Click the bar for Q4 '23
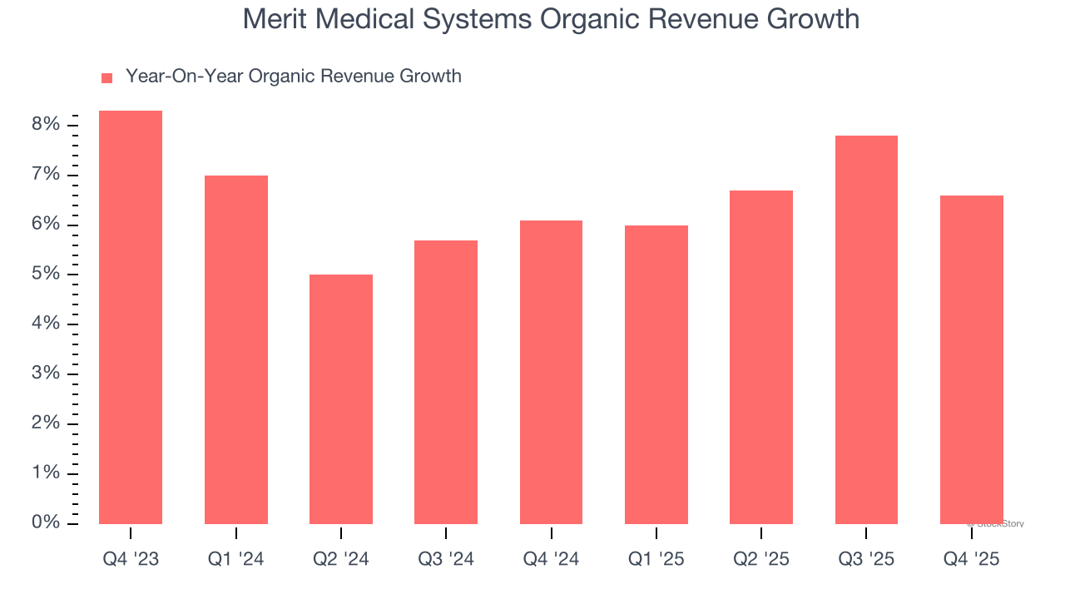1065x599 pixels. coord(131,317)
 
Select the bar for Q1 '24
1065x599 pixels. coord(235,349)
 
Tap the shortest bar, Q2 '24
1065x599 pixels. coord(341,399)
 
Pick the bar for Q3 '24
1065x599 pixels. coord(446,382)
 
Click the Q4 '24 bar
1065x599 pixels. coord(551,372)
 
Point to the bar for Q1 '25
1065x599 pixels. coord(656,374)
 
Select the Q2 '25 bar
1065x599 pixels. coord(761,357)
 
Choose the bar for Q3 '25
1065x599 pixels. coord(866,329)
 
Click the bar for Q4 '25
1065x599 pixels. coord(971,359)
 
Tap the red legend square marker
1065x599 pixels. coord(106,78)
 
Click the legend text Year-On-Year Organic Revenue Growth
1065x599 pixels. coord(293,77)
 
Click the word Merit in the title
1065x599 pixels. coord(270,18)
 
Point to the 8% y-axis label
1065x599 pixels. coord(47,125)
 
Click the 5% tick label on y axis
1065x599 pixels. coord(47,274)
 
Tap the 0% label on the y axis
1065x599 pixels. coord(47,522)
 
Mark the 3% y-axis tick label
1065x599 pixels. coord(47,374)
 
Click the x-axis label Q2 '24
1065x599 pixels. coord(341,560)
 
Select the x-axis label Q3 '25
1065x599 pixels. coord(866,560)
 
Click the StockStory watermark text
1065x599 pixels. coord(996,524)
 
